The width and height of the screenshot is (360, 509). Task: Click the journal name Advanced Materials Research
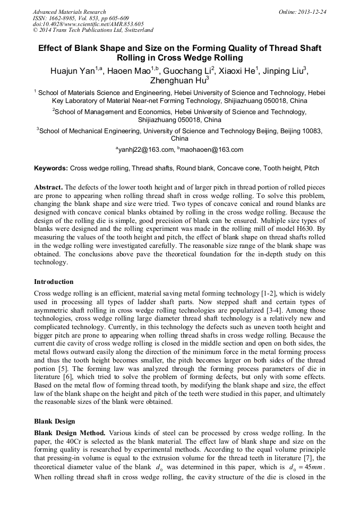pos(69,12)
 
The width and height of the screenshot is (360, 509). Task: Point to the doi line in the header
pos(88,24)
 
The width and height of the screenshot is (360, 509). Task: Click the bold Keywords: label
pos(51,168)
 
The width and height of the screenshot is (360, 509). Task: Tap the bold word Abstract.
pos(49,188)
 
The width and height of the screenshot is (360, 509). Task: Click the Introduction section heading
pos(54,281)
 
